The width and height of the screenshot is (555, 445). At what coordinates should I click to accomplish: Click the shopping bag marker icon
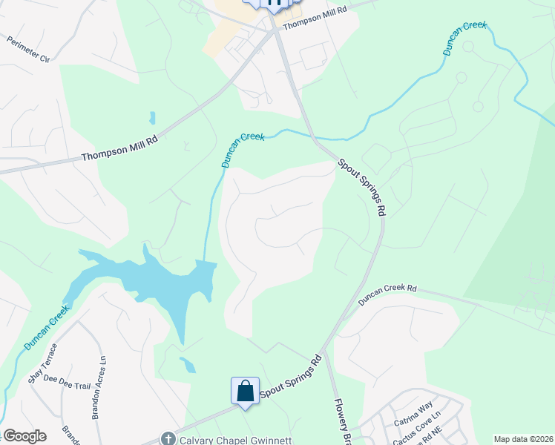coord(245,390)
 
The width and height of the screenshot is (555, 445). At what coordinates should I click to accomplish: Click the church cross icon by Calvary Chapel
coord(168,439)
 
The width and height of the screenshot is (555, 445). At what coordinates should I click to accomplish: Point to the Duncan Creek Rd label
coord(388,294)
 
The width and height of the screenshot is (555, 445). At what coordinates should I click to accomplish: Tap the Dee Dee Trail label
coord(67,381)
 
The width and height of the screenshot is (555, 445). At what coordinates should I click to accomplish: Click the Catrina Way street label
coord(413,415)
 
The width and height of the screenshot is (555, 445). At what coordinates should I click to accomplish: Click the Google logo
coord(24,436)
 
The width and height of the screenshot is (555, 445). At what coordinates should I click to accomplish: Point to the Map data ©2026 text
coord(524,439)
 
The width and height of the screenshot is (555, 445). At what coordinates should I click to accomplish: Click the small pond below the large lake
coord(188,365)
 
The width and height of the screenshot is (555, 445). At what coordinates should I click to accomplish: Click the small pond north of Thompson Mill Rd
coord(152,118)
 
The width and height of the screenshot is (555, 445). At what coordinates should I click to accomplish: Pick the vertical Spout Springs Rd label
coord(362,187)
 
